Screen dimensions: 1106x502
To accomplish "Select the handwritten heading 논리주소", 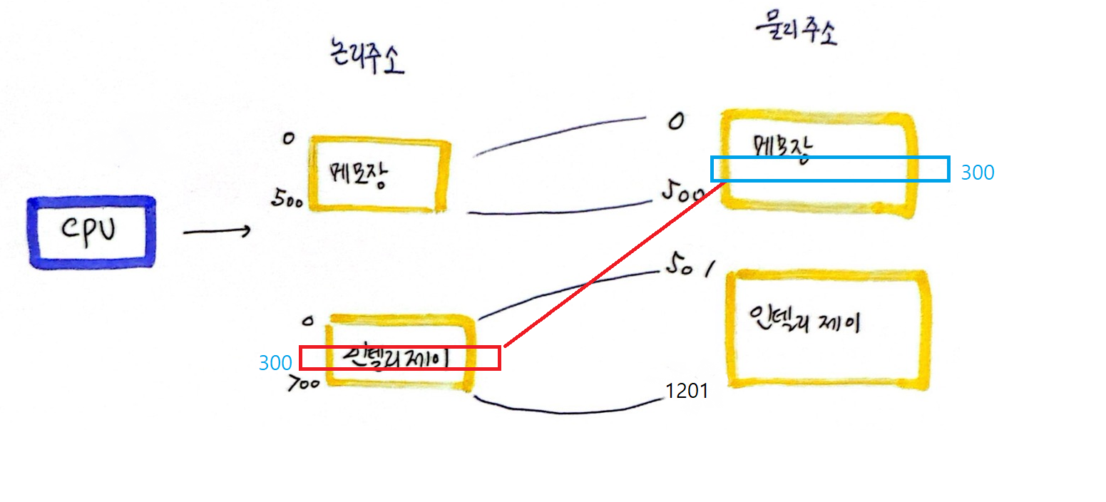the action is click(x=363, y=59).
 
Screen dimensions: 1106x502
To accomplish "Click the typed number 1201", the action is click(x=686, y=391).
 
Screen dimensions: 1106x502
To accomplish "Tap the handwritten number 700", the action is click(x=302, y=385).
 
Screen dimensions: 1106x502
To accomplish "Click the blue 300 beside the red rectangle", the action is click(x=275, y=363).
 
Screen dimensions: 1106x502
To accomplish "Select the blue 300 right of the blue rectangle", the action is click(x=977, y=173).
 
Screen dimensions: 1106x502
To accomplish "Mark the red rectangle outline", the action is click(x=399, y=347).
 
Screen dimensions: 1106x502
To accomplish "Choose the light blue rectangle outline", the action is click(x=831, y=158).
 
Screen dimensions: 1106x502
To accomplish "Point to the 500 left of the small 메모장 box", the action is click(x=288, y=200).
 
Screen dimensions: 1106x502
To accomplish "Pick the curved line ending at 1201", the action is click(x=570, y=411).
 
